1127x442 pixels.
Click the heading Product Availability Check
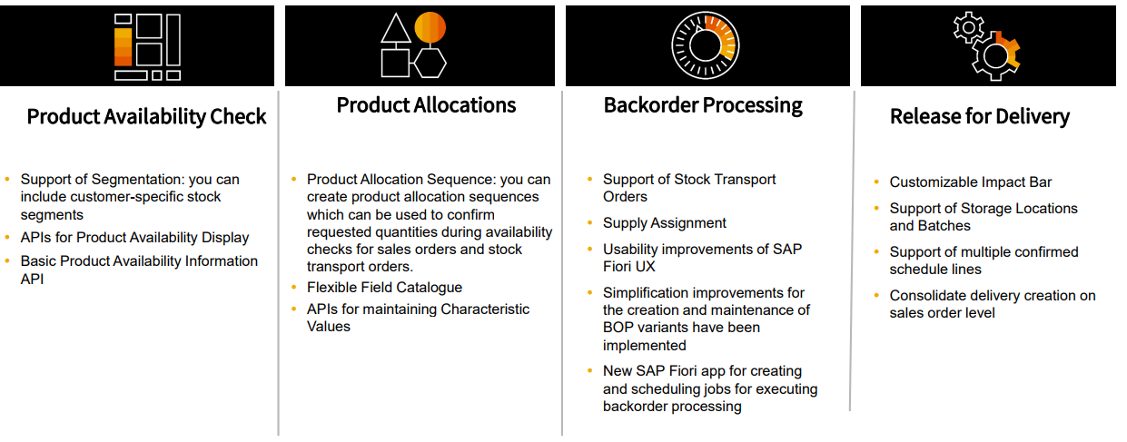pos(146,117)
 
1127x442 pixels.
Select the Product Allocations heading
pos(426,105)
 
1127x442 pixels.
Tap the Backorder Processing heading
pos(703,105)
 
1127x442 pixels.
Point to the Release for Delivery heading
pos(980,117)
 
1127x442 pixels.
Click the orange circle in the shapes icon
pos(430,27)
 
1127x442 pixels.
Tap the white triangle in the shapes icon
pos(396,30)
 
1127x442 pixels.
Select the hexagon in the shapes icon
pos(430,63)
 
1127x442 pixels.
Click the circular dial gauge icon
pos(706,45)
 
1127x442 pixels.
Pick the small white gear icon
pos(968,27)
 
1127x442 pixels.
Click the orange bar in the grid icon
pos(124,47)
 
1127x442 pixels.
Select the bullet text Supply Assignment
pos(664,222)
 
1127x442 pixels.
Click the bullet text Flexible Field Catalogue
pos(384,287)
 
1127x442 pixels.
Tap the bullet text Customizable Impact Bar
pos(971,182)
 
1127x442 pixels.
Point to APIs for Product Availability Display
pos(134,238)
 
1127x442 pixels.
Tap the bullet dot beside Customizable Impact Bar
pos(876,182)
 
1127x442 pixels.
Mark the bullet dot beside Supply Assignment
pos(589,222)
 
